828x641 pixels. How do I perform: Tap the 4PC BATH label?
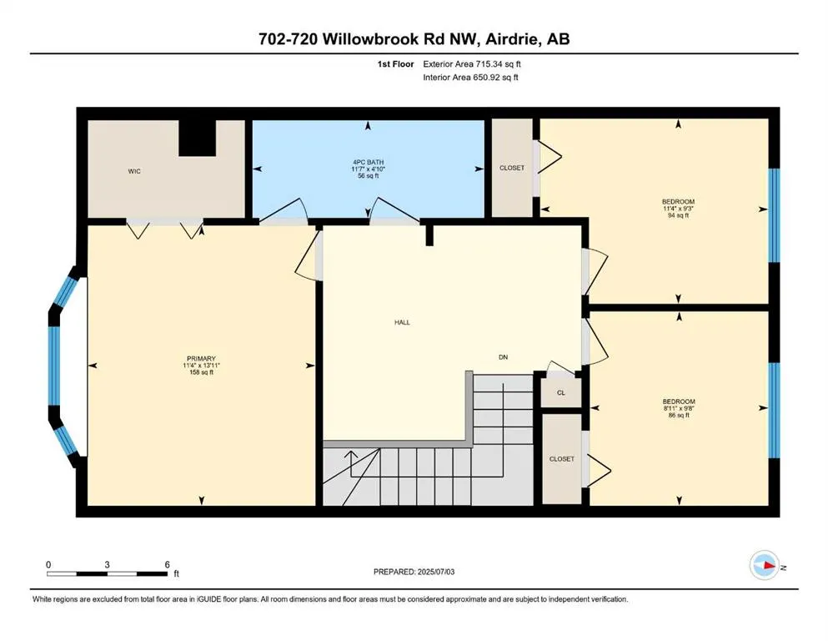pyautogui.click(x=368, y=162)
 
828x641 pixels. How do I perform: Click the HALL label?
pyautogui.click(x=403, y=322)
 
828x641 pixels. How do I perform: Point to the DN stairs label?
pyautogui.click(x=504, y=356)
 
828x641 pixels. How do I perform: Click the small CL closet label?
pyautogui.click(x=561, y=392)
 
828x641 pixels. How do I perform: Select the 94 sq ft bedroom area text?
pyautogui.click(x=678, y=215)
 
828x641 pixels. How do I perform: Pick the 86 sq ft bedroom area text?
pyautogui.click(x=678, y=416)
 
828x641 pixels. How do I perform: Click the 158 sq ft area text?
pyautogui.click(x=200, y=372)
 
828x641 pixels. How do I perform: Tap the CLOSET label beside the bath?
pyautogui.click(x=512, y=168)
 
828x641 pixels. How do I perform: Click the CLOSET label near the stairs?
pyautogui.click(x=561, y=458)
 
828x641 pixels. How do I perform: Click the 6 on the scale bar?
pyautogui.click(x=168, y=564)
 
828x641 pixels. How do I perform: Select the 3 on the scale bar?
pyautogui.click(x=108, y=564)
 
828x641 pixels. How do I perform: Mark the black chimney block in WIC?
pyautogui.click(x=197, y=137)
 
